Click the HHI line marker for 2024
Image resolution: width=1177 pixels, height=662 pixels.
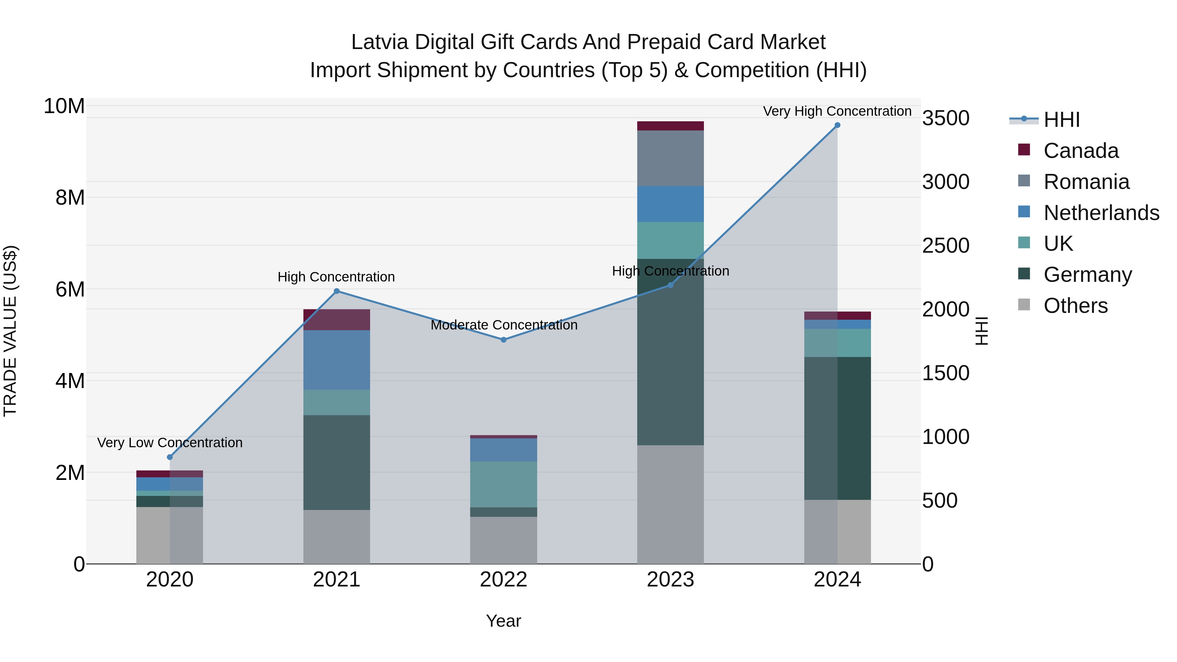pyautogui.click(x=837, y=125)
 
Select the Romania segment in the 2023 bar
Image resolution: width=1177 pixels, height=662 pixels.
pyautogui.click(x=670, y=158)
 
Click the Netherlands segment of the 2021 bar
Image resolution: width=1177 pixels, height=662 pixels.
pyautogui.click(x=336, y=360)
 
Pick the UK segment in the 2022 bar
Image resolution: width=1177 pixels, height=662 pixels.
pyautogui.click(x=503, y=484)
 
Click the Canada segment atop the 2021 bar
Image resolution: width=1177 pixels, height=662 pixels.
pyautogui.click(x=336, y=319)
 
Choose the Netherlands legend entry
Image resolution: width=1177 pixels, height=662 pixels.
pyautogui.click(x=1101, y=213)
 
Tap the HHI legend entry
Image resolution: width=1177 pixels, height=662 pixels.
pyautogui.click(x=1061, y=120)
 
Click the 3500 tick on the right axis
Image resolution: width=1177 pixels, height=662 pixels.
pyautogui.click(x=945, y=118)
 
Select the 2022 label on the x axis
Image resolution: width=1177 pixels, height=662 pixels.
pyautogui.click(x=503, y=580)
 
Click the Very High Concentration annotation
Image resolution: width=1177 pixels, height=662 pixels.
pyautogui.click(x=837, y=111)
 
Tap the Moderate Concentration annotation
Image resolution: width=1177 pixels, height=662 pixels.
pyautogui.click(x=504, y=325)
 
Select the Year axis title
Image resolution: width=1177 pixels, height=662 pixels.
pyautogui.click(x=503, y=621)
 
